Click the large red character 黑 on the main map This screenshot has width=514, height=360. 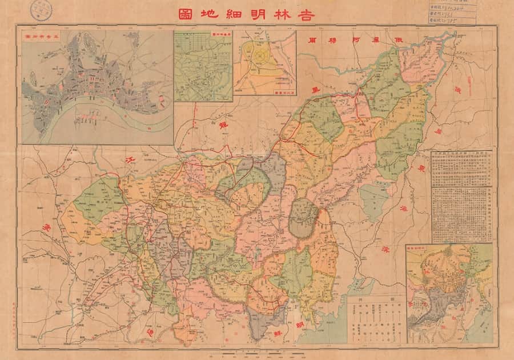pos(314,90)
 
